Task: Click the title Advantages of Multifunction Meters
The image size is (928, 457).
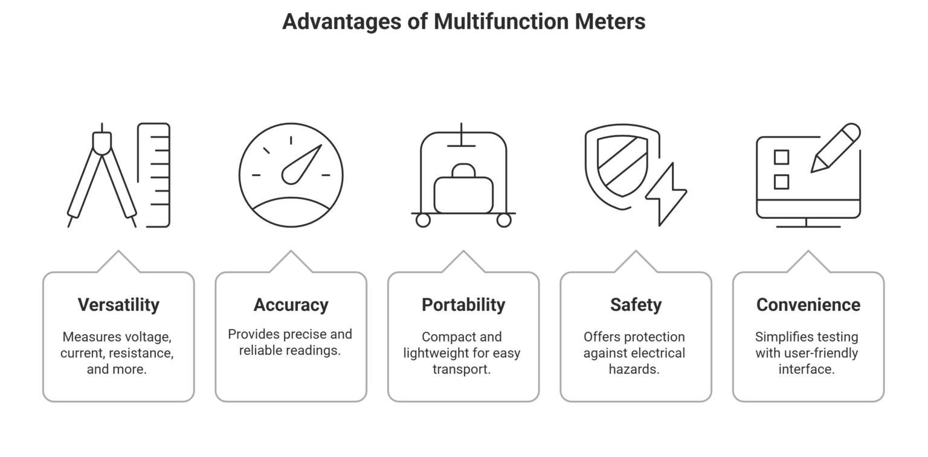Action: [463, 22]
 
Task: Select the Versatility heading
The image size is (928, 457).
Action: [118, 305]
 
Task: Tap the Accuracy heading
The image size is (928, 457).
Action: [291, 305]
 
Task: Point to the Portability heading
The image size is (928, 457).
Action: [463, 305]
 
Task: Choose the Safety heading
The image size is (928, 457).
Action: [636, 305]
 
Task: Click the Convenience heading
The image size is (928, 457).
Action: [808, 305]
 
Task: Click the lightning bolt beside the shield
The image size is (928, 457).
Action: [666, 195]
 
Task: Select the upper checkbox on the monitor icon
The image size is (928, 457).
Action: [781, 157]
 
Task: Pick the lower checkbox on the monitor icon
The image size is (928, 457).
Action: [781, 182]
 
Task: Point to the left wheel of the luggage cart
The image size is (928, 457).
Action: [423, 220]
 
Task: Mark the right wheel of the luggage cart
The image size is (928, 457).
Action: [504, 220]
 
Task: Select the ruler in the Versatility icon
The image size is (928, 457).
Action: [155, 175]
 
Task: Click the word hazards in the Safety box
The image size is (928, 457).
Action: [634, 369]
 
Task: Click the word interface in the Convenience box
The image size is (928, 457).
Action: [807, 369]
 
